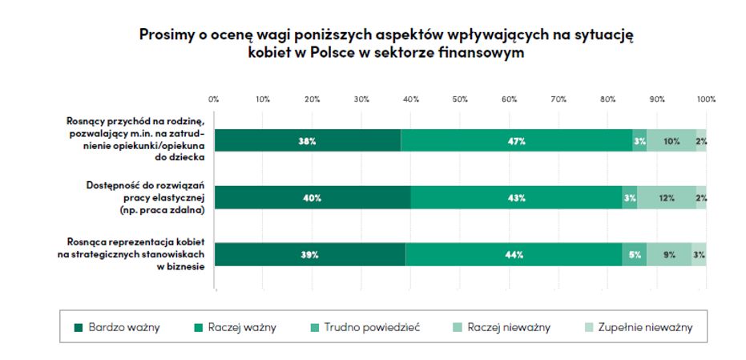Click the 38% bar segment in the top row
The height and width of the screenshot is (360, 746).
[308, 140]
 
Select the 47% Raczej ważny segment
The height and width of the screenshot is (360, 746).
[516, 140]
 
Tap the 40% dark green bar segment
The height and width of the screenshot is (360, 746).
[313, 197]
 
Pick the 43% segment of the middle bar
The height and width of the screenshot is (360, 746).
[516, 197]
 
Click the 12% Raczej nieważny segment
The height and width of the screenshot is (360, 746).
[667, 197]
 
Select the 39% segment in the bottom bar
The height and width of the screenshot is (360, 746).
[310, 254]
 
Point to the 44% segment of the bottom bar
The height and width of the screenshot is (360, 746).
[514, 254]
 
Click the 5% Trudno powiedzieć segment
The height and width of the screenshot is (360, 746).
[635, 254]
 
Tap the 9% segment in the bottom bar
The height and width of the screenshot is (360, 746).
[670, 254]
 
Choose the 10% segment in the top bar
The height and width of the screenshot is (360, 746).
[671, 140]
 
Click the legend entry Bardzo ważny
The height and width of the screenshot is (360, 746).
[117, 327]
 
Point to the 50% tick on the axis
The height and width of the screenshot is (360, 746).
[460, 99]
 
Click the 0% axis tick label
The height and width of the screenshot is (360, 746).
[214, 99]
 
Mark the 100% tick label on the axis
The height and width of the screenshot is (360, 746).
[706, 99]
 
